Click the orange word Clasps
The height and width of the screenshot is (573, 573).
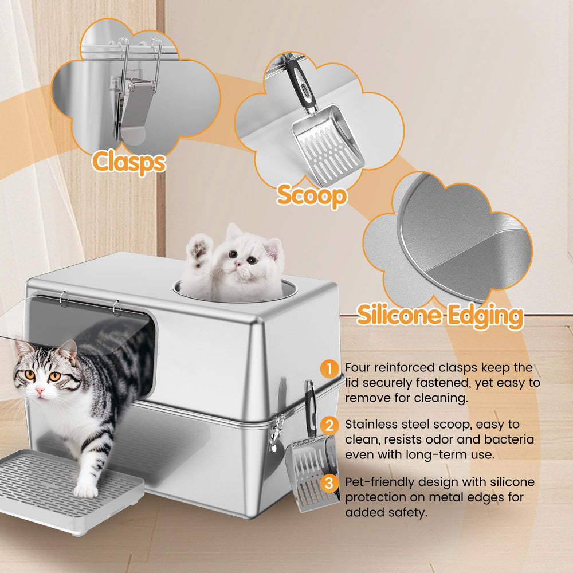click(129, 162)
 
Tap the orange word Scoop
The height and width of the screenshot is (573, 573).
click(312, 195)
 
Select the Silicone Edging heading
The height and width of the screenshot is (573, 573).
click(440, 316)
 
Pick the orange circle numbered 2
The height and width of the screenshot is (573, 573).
click(329, 426)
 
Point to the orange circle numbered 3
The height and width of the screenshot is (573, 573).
click(329, 483)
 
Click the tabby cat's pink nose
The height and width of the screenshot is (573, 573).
click(40, 391)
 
